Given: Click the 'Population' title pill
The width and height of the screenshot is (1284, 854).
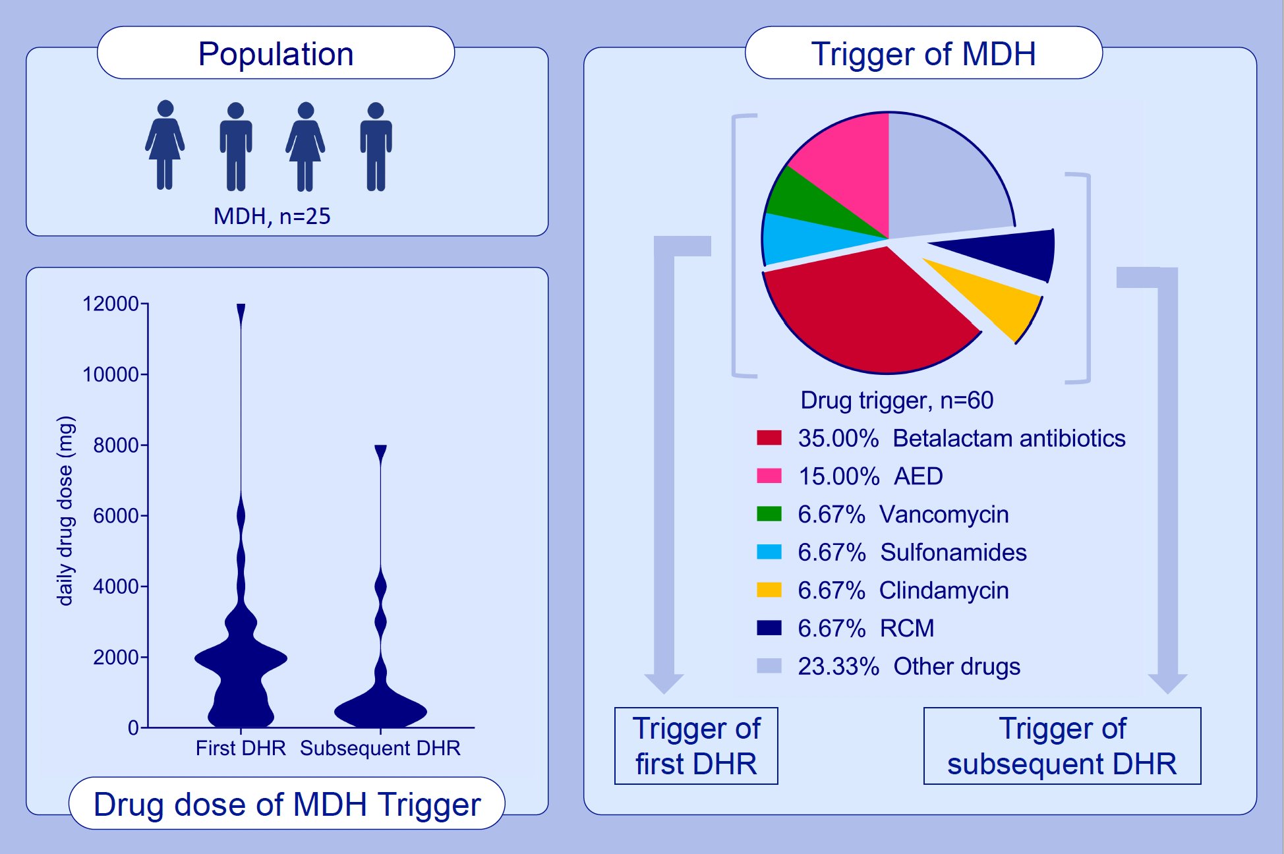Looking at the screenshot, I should click(276, 53).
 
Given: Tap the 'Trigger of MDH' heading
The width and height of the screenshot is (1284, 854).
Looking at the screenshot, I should click(923, 53).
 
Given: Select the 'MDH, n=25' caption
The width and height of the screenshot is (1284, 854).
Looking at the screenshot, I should click(272, 216).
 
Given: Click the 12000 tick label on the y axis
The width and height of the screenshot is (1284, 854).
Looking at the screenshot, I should click(110, 304).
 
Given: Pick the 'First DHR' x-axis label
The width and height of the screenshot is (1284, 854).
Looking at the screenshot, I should click(241, 748).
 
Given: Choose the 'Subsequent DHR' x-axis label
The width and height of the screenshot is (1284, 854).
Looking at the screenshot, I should click(380, 748).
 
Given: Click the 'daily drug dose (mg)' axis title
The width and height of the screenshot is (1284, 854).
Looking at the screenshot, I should click(65, 511).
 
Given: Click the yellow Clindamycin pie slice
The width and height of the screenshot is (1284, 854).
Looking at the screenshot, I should click(989, 297).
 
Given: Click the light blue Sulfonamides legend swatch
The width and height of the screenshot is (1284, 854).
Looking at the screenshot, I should click(769, 552).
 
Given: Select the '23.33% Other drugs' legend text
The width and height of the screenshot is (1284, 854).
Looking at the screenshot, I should click(908, 666).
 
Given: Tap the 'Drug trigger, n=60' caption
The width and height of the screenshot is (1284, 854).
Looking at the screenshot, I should click(896, 400).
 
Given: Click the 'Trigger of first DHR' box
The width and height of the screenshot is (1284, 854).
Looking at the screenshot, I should click(696, 746).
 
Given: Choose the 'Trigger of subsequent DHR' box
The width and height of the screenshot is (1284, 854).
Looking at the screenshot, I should click(1062, 746).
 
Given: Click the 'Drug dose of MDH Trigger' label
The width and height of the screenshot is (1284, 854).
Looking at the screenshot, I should click(287, 804).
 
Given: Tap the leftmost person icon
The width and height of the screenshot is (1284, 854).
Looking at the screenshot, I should click(165, 145).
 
